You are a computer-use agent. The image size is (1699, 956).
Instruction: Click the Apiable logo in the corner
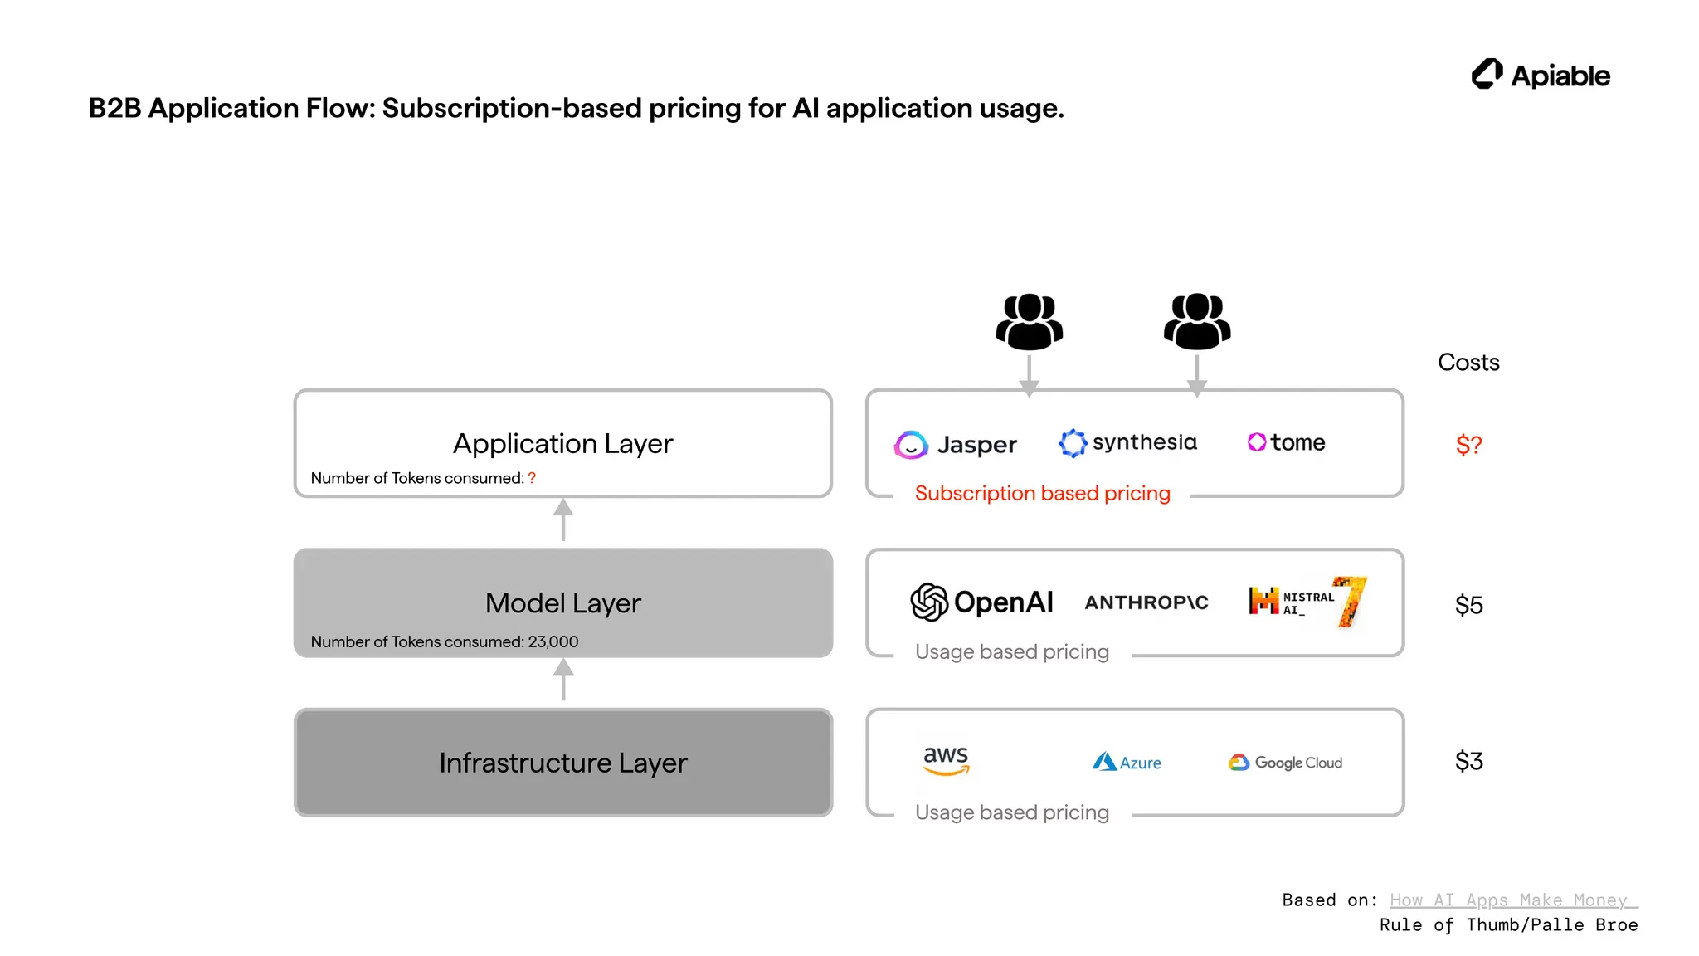(1540, 75)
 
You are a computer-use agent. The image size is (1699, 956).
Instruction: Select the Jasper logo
(955, 444)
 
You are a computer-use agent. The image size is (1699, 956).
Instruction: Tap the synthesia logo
(1127, 442)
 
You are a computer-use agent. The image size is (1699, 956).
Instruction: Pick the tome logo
(1286, 442)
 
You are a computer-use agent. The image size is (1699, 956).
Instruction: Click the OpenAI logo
(981, 602)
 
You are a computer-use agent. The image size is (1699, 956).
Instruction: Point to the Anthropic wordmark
(1146, 602)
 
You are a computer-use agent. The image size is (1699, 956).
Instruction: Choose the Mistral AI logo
(1307, 602)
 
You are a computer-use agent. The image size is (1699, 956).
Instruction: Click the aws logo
(946, 760)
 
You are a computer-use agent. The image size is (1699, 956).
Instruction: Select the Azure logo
(1127, 762)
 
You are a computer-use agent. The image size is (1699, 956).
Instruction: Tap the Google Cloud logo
(1285, 762)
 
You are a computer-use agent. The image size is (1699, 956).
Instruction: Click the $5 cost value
(1468, 605)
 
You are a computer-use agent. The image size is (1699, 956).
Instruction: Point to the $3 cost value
(1468, 761)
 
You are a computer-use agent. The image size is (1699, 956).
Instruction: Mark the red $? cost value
(1468, 445)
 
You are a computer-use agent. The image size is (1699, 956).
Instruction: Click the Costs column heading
(1468, 362)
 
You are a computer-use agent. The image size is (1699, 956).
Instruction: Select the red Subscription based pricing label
(1042, 493)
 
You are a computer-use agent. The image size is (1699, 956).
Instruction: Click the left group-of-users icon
(1029, 322)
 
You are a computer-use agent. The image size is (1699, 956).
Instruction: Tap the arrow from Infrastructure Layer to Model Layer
(563, 679)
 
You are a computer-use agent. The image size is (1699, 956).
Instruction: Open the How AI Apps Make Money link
(1512, 900)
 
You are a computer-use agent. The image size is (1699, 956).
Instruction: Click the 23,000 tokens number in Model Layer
(553, 641)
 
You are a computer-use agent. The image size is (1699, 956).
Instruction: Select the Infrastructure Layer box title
(562, 763)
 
